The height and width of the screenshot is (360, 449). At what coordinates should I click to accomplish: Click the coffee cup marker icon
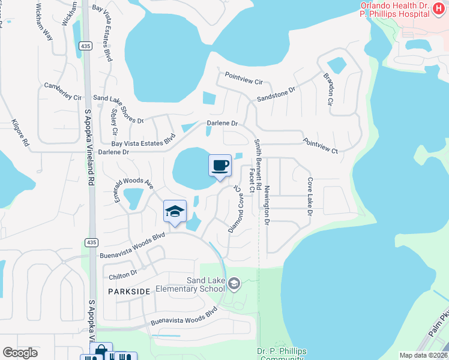click(x=220, y=165)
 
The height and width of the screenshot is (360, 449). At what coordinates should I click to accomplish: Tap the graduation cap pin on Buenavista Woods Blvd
click(x=175, y=211)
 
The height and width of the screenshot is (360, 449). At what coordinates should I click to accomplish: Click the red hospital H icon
click(x=438, y=10)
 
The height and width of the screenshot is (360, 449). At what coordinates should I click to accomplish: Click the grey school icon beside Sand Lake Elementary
click(x=234, y=283)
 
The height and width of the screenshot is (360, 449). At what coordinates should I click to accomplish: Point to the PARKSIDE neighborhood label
click(x=128, y=291)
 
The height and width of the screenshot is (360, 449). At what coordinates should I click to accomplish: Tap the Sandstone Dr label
click(x=277, y=94)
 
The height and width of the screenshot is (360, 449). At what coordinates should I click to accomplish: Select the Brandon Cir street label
click(x=328, y=90)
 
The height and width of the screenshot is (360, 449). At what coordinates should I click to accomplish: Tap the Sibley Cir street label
click(x=114, y=122)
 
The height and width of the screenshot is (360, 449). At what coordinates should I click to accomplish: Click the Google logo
click(x=20, y=353)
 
